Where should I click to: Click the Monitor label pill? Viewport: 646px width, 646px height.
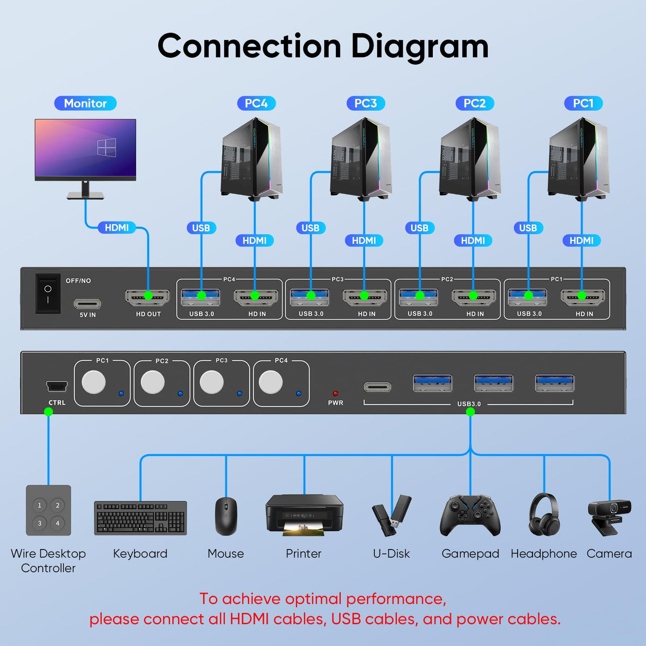85,103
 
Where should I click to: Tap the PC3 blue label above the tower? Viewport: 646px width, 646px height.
365,103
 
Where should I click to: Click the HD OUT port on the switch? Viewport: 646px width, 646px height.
147,297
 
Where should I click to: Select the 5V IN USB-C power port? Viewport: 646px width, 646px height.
87,304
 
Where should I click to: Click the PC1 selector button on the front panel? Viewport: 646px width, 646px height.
94,382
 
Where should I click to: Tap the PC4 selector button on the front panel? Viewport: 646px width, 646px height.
270,382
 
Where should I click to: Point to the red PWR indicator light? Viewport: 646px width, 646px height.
335,393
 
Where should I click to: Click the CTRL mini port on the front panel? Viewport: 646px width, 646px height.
57,386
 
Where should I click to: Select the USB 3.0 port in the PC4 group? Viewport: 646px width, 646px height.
200,297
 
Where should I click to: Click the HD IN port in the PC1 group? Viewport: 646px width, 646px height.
583,297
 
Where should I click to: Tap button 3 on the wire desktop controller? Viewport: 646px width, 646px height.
40,523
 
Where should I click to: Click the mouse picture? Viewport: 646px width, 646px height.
226,516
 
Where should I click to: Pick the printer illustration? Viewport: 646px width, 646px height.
304,515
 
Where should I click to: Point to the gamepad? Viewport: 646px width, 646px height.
470,515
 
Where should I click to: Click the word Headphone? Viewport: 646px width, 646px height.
544,554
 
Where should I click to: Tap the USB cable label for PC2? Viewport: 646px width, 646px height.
419,228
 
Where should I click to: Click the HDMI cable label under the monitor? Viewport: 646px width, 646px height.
117,227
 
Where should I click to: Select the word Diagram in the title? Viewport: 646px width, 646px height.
419,47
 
